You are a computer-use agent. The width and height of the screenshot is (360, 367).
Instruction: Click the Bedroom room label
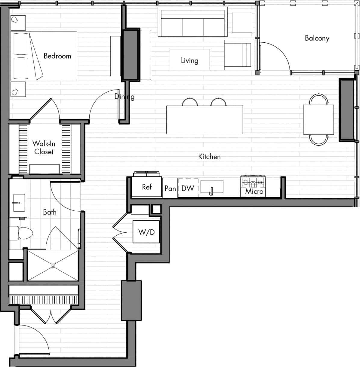pos(57,56)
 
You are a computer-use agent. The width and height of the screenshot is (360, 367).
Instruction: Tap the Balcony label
pos(317,38)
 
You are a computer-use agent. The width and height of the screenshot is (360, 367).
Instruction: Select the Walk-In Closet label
pos(44,147)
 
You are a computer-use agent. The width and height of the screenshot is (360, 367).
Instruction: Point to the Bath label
pos(50,212)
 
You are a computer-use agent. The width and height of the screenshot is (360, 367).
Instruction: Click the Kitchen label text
pos(209,157)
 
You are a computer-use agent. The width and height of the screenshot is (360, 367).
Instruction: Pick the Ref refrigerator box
pos(147,187)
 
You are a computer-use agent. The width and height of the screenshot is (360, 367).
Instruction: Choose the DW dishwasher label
pos(188,188)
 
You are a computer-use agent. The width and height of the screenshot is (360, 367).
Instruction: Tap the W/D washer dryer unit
pos(146,232)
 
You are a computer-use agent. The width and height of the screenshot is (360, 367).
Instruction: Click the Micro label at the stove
pos(254,191)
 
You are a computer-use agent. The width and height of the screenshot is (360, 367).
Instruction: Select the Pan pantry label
pos(170,188)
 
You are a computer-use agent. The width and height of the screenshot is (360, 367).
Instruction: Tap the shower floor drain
pos(53,265)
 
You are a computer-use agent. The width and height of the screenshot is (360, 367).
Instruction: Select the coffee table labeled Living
pos(189,60)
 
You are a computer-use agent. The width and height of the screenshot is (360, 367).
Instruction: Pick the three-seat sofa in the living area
pos(193,24)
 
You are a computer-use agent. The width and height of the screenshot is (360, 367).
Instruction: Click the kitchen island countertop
pos(205,120)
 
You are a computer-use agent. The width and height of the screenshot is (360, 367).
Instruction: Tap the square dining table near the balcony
pos(318,120)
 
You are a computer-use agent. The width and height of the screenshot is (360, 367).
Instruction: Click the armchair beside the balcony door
pos(239,55)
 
